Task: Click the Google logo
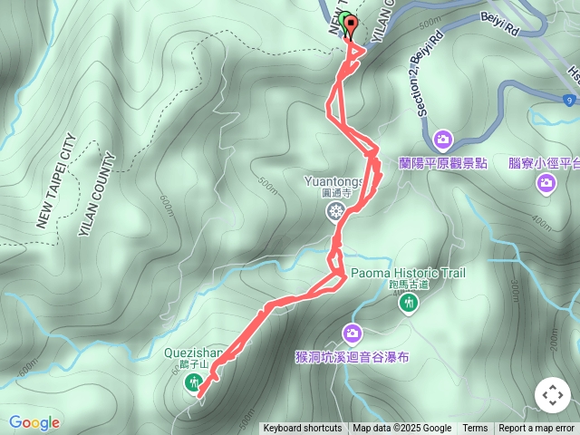click(34, 422)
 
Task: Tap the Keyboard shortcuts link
click(303, 429)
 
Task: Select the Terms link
click(475, 429)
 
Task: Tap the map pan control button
click(553, 395)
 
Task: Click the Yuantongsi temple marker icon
click(336, 212)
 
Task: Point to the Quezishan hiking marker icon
click(193, 383)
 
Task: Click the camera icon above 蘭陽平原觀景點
click(443, 140)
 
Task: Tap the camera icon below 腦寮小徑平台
click(546, 183)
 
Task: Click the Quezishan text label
click(188, 353)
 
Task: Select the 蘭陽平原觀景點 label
click(443, 163)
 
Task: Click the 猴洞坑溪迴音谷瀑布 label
click(353, 357)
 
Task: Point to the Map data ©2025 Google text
click(402, 429)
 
